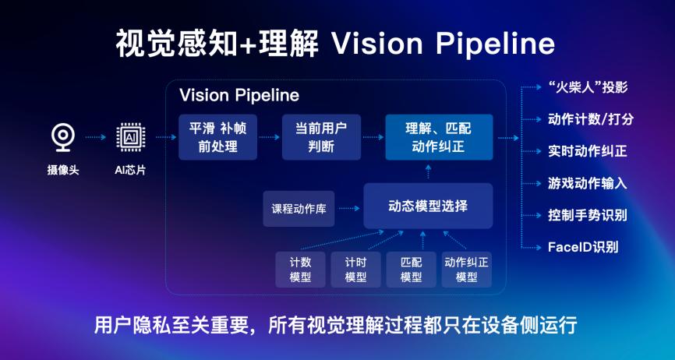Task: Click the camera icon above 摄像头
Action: point(63,138)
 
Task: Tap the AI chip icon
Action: point(130,138)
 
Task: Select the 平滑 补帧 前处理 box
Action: point(217,137)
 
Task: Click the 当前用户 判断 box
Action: point(321,137)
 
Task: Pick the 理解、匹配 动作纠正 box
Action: point(439,137)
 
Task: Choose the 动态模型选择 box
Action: point(428,206)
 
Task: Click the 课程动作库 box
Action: point(299,209)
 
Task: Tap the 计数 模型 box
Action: point(301,270)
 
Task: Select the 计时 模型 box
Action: point(355,270)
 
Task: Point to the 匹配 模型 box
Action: point(411,270)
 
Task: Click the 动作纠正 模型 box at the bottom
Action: point(467,270)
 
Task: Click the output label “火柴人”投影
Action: point(588,87)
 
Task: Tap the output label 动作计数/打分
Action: point(591,119)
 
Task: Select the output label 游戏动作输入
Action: point(587,183)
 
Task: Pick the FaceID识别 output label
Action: point(583,247)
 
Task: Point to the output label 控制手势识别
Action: point(587,215)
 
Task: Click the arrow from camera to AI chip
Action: point(96,138)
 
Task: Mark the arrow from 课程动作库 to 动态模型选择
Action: point(349,209)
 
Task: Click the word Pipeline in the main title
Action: point(495,44)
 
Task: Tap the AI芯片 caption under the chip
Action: point(130,171)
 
